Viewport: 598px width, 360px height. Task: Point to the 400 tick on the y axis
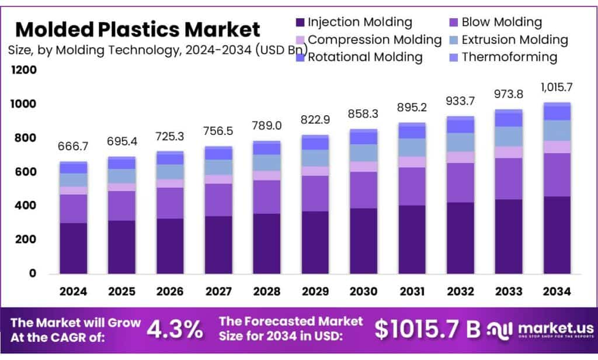[x=25, y=206]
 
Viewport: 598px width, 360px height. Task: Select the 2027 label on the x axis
[x=218, y=291]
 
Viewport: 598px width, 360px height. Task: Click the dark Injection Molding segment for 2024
[x=74, y=248]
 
